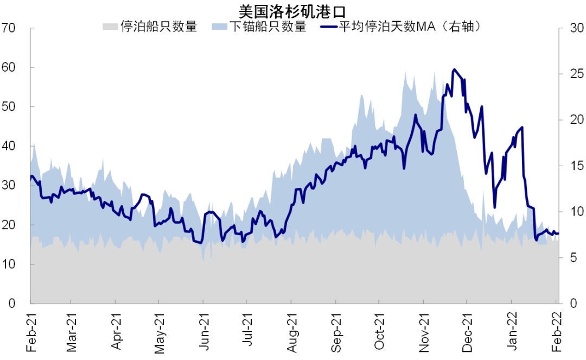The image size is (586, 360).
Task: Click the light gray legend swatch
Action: tap(110, 27)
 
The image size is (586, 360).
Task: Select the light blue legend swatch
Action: tap(219, 27)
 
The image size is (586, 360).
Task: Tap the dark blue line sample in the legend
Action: tap(329, 27)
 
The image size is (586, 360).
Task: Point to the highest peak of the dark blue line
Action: tap(454, 70)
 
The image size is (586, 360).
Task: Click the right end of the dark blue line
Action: tap(558, 233)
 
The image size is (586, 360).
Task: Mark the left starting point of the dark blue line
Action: tap(31, 177)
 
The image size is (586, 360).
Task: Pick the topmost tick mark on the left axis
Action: tap(32, 28)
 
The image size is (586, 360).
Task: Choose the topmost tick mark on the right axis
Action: tap(561, 28)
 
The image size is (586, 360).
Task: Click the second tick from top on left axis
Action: tap(32, 67)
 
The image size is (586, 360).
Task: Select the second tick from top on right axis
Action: tap(561, 74)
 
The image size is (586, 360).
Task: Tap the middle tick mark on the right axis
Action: tap(561, 166)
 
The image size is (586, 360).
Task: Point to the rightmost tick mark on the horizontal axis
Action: tap(556, 302)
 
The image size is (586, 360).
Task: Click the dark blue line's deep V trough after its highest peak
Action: tap(494, 207)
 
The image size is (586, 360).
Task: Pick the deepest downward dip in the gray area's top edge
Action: tap(211, 263)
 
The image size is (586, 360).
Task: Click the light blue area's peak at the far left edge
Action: tap(34, 142)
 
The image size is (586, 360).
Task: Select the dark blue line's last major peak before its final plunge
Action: tap(522, 128)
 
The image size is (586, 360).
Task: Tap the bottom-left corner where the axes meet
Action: tap(30, 304)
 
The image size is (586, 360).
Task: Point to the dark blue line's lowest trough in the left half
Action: tap(201, 243)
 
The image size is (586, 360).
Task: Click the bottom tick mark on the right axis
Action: tap(561, 304)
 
